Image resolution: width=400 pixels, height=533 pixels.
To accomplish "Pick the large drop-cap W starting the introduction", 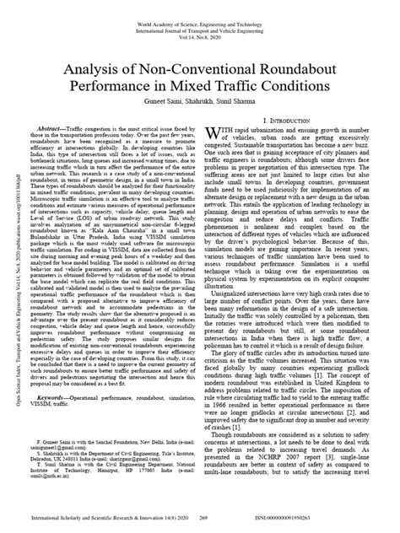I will [x=220, y=134].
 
